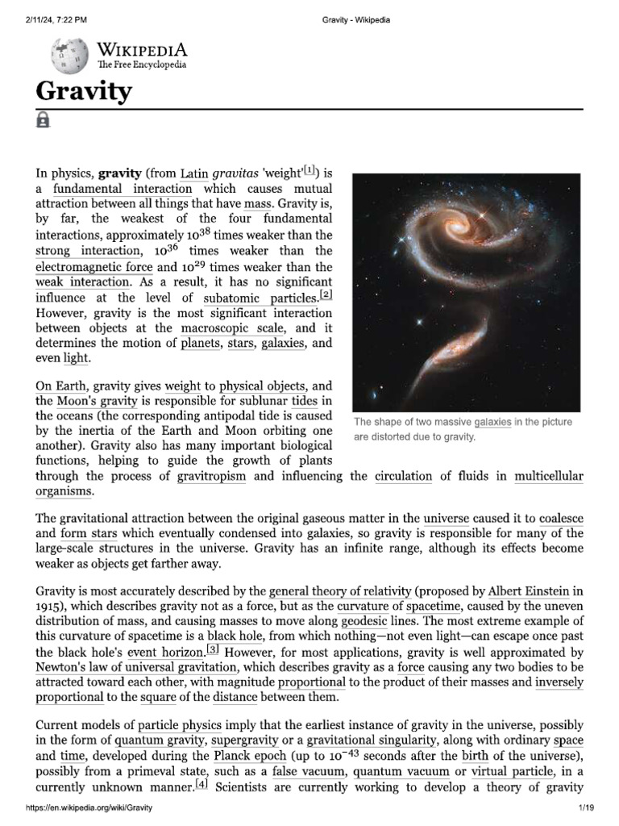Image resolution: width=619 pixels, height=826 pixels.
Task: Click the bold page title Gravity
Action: pos(83,91)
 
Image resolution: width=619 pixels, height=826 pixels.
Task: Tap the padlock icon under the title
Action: pos(43,120)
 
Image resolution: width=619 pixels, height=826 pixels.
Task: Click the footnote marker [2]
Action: pos(326,294)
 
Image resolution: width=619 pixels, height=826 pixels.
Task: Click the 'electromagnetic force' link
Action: pos(93,266)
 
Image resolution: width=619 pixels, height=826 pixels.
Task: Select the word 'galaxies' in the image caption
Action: pos(492,423)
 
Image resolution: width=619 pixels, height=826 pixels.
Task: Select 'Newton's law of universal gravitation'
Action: pos(136,668)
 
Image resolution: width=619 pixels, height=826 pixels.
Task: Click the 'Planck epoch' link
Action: pos(250,756)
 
